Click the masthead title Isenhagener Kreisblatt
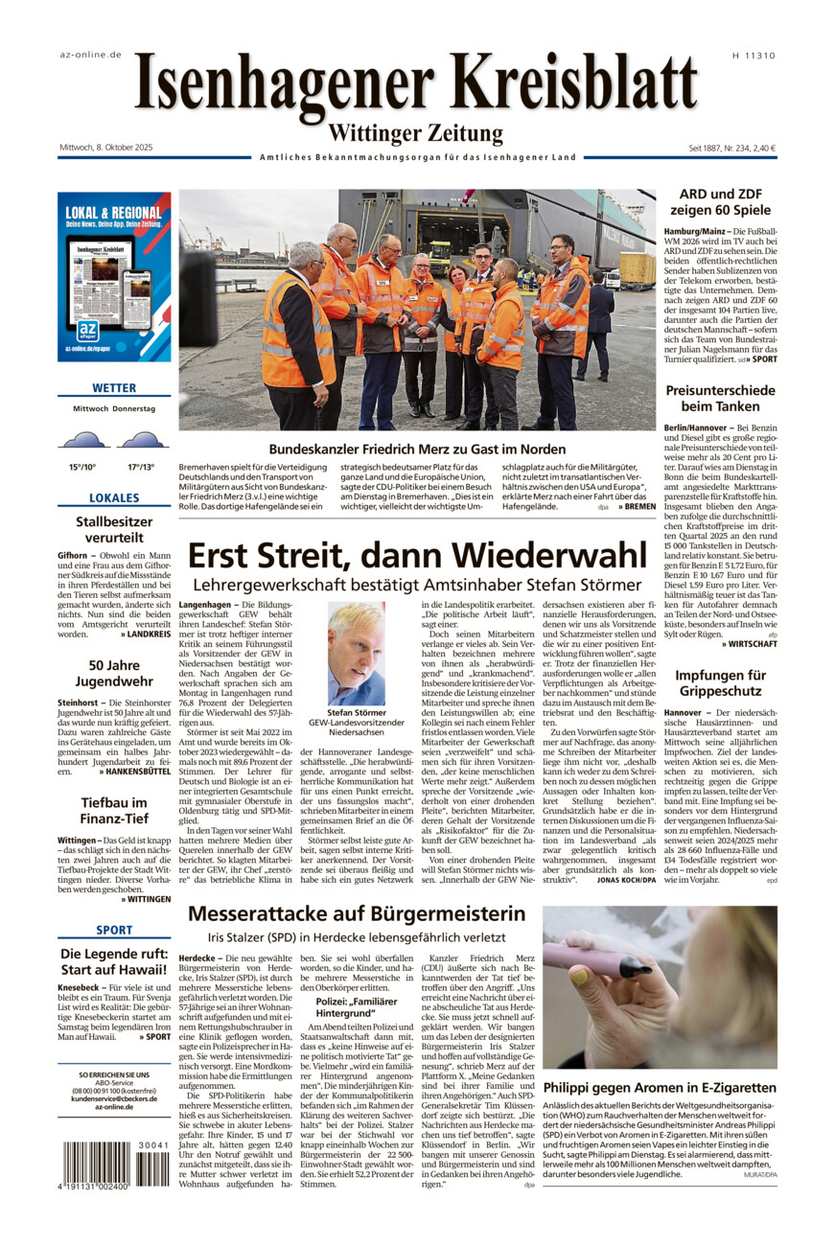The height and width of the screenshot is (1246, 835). [416, 85]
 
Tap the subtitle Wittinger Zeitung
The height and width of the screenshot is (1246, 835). [416, 133]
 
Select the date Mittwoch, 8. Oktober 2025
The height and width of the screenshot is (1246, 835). [105, 148]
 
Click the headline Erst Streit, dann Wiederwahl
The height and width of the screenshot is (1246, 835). [417, 555]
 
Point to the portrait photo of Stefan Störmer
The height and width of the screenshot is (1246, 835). [356, 653]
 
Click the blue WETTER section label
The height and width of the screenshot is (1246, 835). [114, 388]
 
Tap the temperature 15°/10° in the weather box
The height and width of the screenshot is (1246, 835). [82, 467]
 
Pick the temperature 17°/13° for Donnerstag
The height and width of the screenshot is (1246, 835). [141, 467]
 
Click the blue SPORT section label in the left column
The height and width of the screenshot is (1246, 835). [114, 930]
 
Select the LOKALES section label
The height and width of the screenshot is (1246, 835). [114, 498]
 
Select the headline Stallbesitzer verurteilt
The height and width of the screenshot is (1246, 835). [114, 530]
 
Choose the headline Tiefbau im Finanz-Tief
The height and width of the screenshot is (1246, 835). [114, 811]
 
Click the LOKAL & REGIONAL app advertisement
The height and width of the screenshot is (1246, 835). [114, 277]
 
